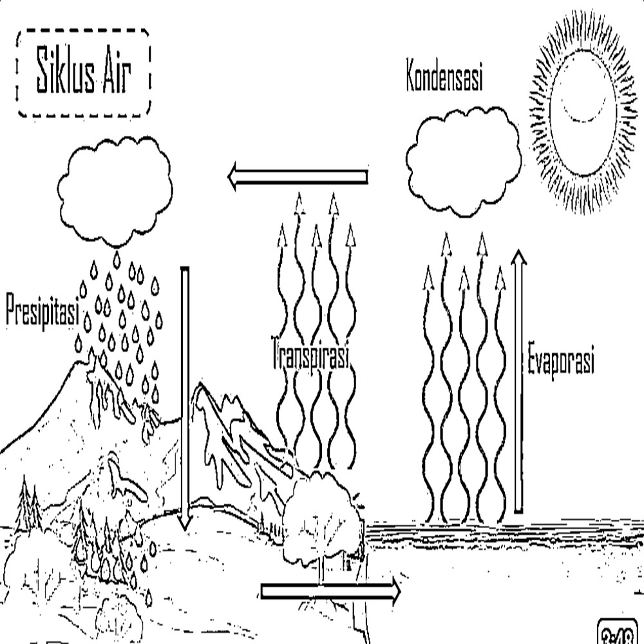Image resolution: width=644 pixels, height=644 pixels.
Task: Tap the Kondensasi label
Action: [x=444, y=77]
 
